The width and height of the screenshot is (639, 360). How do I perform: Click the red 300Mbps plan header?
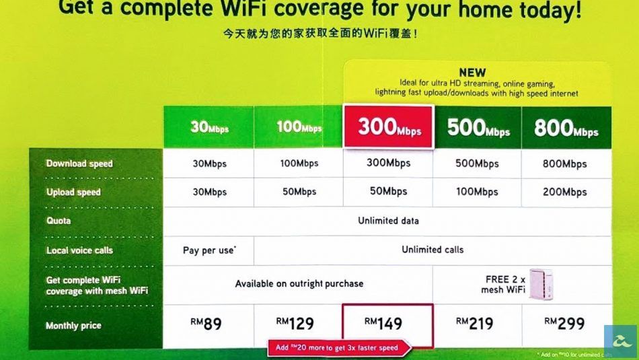(x=389, y=127)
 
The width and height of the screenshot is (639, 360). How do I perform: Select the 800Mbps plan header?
(x=566, y=127)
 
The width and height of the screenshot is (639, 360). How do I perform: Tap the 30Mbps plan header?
(x=209, y=127)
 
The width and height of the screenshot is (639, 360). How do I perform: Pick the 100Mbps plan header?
(x=299, y=127)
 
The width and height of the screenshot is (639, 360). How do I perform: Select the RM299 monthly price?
(x=564, y=324)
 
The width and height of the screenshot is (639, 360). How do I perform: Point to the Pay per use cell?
(x=209, y=250)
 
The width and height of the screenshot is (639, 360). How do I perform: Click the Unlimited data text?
(x=388, y=221)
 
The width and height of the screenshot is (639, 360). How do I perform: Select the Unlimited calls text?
(x=433, y=250)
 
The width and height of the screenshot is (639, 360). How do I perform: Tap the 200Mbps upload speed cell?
(x=565, y=192)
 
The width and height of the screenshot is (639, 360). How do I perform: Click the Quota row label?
(x=59, y=221)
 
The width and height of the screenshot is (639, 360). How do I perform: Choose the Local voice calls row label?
(x=79, y=250)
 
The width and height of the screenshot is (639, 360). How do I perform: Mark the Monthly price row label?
(x=73, y=326)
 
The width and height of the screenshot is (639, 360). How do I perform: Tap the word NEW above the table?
(x=472, y=73)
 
